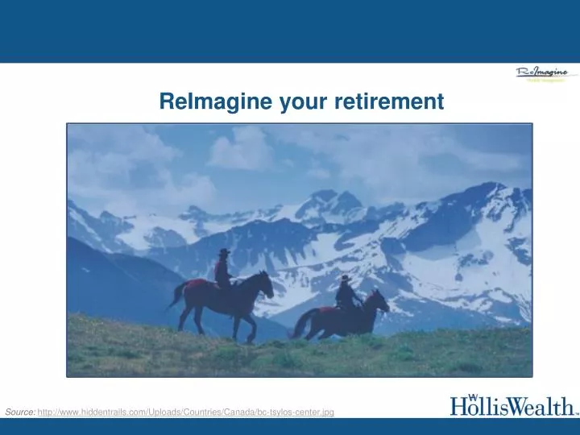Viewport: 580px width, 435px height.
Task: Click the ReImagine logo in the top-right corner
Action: (541, 75)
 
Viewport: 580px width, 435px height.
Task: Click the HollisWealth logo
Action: (512, 405)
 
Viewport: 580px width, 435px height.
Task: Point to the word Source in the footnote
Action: (19, 412)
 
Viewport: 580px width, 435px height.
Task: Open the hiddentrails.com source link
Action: (185, 412)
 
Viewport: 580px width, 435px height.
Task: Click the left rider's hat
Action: (223, 252)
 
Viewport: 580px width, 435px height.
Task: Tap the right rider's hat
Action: (345, 278)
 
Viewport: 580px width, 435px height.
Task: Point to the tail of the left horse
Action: (176, 296)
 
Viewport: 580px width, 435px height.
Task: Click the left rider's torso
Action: (223, 269)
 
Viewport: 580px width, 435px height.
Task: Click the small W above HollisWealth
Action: (474, 396)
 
